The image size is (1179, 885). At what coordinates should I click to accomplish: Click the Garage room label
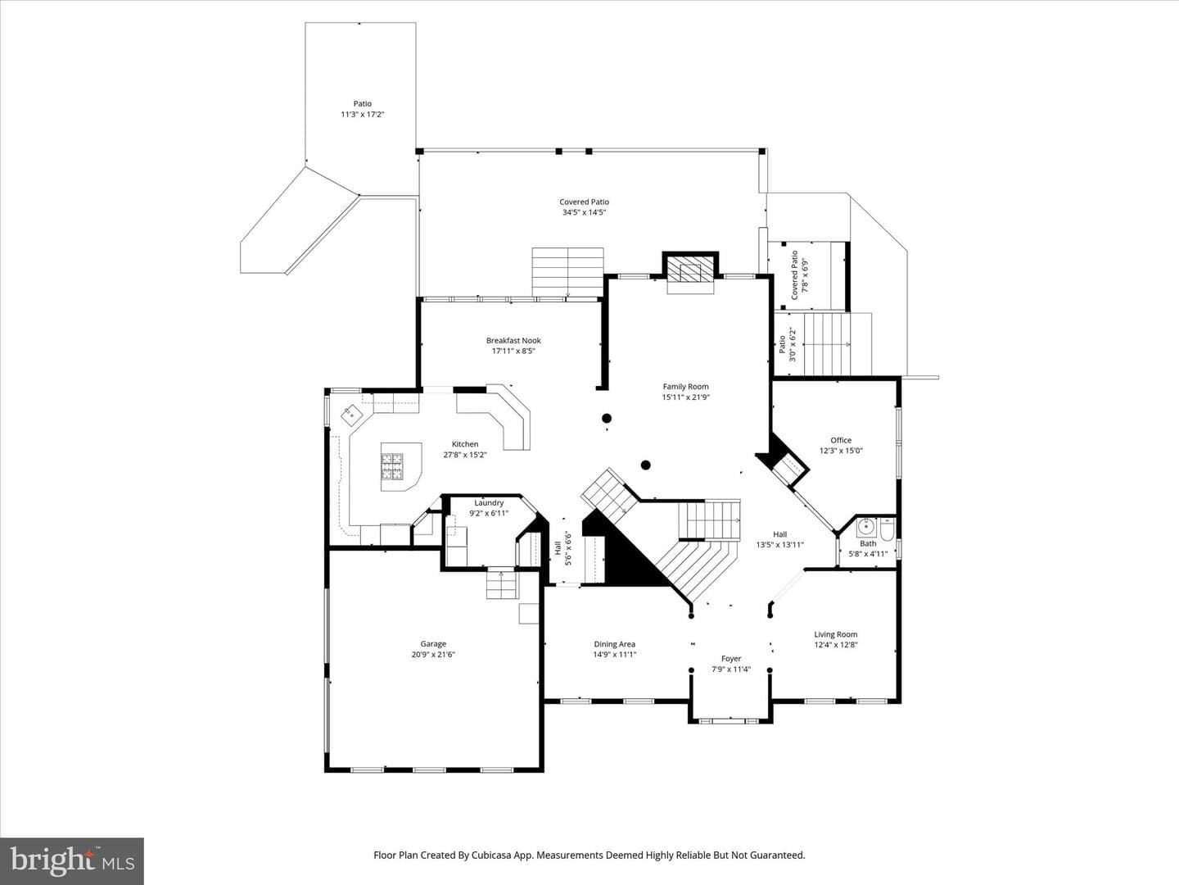433,644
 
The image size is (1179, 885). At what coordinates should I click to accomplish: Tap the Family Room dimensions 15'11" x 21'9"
686,397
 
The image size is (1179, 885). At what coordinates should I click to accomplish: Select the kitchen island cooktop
392,466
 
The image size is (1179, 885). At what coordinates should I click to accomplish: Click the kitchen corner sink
352,415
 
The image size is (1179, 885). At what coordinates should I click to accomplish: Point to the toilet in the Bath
887,529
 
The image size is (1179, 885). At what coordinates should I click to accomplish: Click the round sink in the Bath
866,527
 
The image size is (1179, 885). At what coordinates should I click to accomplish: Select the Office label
841,440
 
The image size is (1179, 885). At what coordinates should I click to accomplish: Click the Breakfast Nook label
513,340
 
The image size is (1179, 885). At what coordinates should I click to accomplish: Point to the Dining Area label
615,644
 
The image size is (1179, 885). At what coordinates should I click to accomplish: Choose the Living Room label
836,634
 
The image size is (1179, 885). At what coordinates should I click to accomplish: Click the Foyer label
731,658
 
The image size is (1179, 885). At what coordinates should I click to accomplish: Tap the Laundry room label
489,503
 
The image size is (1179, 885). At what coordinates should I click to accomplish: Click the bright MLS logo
72,860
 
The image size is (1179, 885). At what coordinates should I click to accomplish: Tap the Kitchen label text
464,444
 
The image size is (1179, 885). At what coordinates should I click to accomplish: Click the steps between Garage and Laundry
503,585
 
